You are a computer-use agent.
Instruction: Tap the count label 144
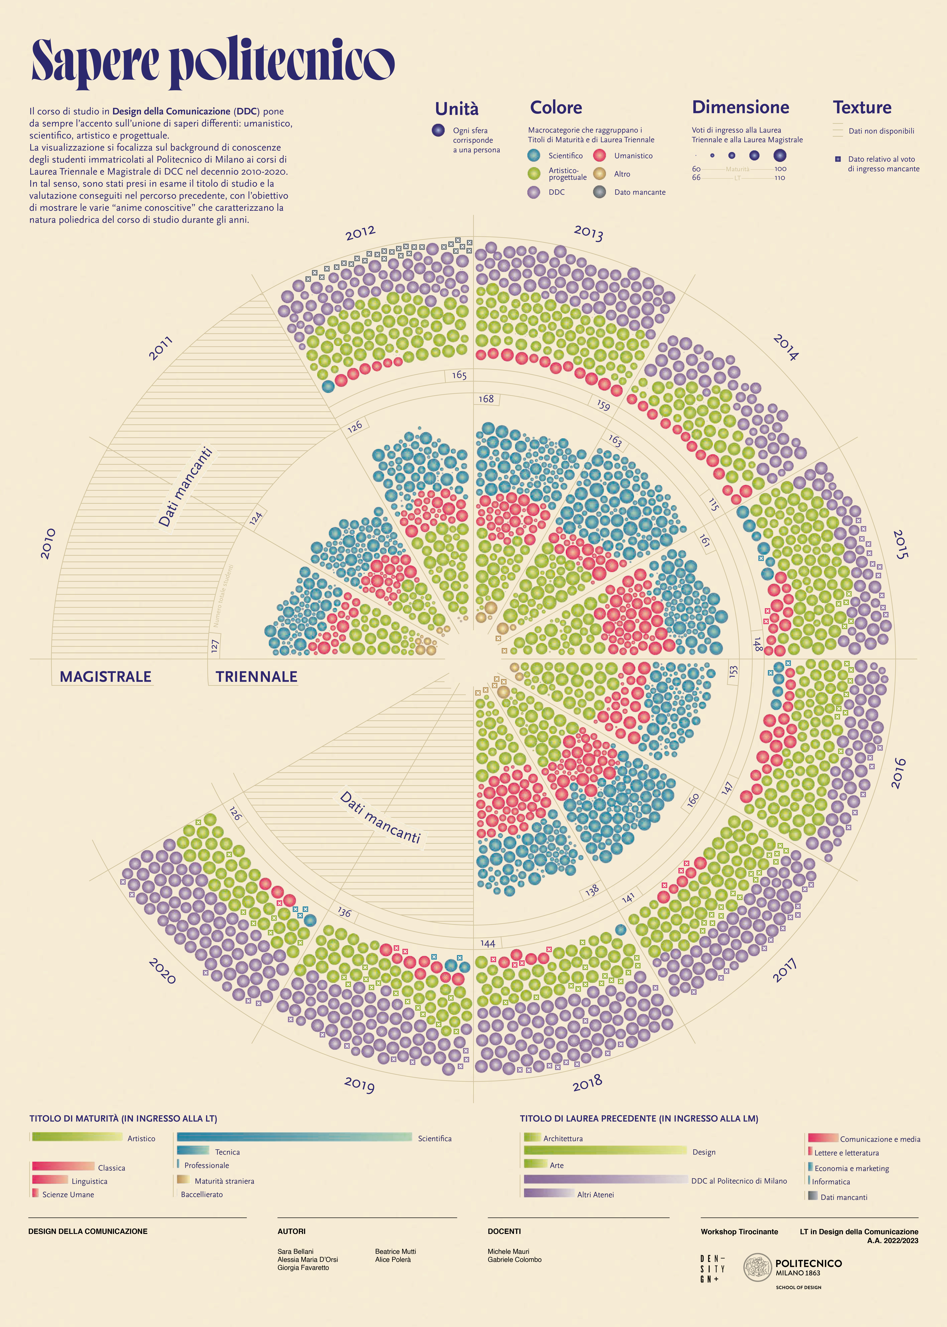[487, 944]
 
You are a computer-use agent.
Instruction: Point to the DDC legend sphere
[534, 192]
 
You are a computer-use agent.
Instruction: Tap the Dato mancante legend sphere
[600, 192]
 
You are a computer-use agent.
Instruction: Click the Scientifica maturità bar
[295, 1137]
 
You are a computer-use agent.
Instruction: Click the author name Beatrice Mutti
[395, 1251]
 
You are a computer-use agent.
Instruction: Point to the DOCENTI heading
[504, 1231]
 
